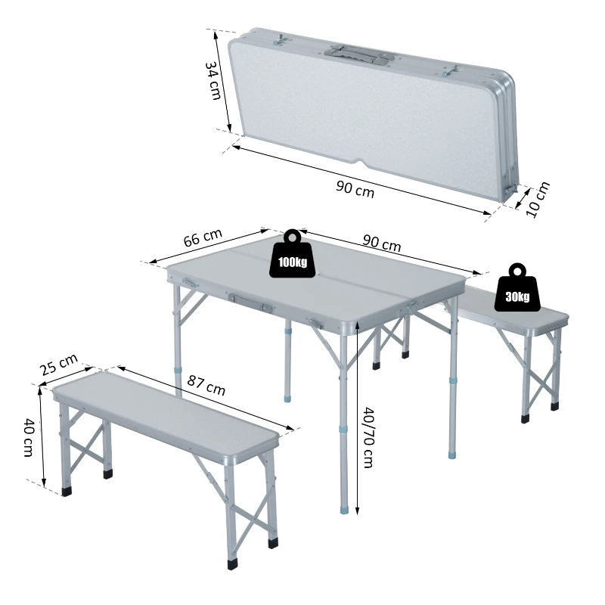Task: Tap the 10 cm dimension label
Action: [x=538, y=200]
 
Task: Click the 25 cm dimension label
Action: [x=59, y=366]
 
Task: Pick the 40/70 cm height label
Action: [x=368, y=437]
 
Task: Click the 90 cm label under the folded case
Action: [x=355, y=189]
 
